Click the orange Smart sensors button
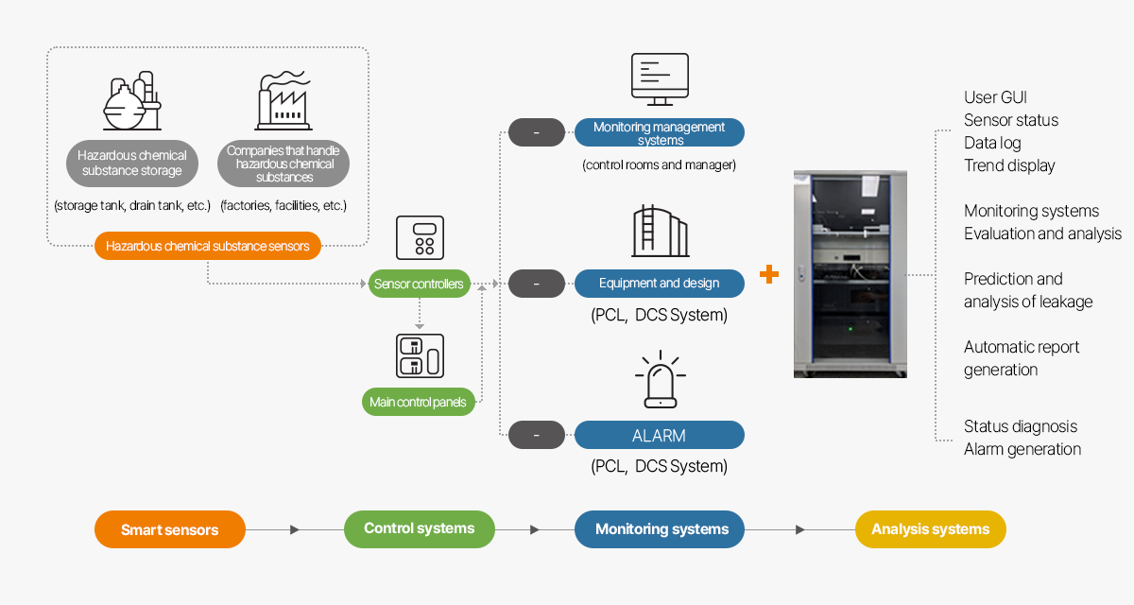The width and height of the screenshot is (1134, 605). point(170,529)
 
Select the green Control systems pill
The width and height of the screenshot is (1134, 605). point(419,528)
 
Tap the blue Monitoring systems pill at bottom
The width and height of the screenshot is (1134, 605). point(660,529)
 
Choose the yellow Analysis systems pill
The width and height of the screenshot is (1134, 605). point(930,529)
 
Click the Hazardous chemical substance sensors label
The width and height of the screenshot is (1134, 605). point(207,246)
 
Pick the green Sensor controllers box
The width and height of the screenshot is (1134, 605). point(419,284)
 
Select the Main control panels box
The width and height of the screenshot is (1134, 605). point(417,402)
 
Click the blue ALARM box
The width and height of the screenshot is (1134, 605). point(660,436)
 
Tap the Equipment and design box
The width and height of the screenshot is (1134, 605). point(660,283)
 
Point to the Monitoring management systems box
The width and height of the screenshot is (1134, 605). point(660,132)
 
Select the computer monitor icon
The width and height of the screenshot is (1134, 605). point(660,79)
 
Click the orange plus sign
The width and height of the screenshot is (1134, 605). point(769,274)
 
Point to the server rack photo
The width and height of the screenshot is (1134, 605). point(850,274)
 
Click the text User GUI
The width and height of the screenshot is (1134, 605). point(995,97)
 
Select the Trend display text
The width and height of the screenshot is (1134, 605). point(1009,165)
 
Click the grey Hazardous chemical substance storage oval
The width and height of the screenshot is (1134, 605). point(132,164)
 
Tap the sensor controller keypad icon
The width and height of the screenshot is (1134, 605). point(419,237)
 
